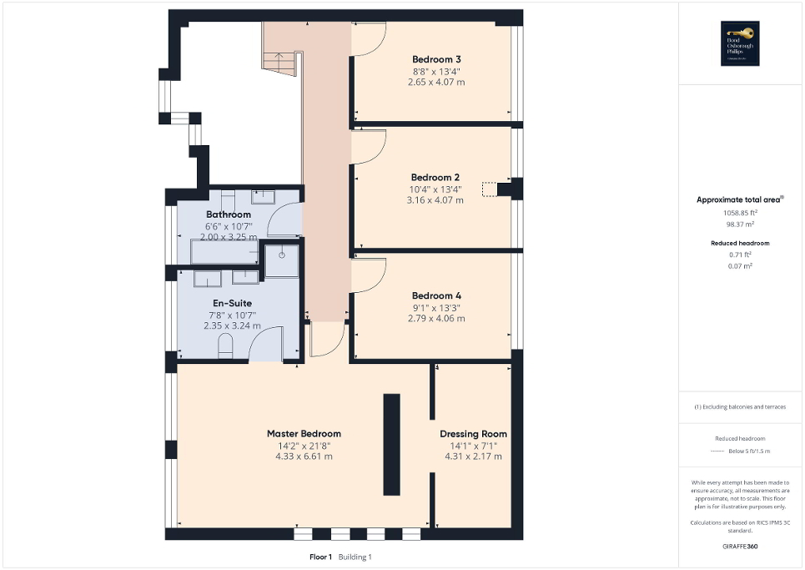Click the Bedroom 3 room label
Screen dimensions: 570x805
436,59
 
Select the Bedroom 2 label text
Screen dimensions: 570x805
435,177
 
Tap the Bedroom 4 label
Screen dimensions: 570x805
436,295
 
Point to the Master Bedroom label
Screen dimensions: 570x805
304,434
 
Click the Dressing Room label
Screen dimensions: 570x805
473,434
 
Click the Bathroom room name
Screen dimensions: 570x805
229,214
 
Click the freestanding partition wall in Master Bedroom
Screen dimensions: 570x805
390,445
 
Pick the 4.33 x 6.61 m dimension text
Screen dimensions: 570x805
304,456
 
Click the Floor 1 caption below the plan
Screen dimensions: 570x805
320,557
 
